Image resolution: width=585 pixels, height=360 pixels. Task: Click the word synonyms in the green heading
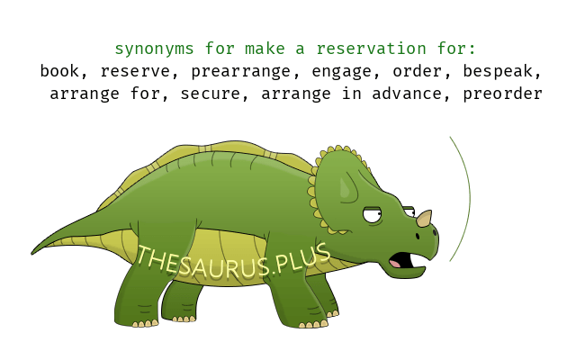(154, 49)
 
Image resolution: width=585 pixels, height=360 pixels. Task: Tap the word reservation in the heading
(371, 49)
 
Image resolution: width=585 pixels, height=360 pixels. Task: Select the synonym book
(59, 71)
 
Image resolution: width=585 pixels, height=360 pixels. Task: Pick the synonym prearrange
(241, 72)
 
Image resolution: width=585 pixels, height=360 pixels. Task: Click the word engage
(341, 72)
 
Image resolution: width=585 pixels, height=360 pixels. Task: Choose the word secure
(210, 94)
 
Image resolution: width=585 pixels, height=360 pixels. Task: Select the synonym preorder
(502, 94)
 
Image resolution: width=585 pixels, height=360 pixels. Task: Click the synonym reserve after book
(135, 72)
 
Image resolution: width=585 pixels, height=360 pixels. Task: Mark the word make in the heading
(265, 49)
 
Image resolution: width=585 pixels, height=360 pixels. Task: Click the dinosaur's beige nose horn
(425, 218)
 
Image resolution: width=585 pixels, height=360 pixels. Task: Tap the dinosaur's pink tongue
(395, 263)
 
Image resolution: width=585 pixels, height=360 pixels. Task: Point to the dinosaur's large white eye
(373, 215)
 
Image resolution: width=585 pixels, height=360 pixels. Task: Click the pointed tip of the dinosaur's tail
(31, 254)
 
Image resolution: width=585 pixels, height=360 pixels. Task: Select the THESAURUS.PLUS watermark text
(233, 262)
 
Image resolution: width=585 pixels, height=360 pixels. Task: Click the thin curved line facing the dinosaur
(470, 198)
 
